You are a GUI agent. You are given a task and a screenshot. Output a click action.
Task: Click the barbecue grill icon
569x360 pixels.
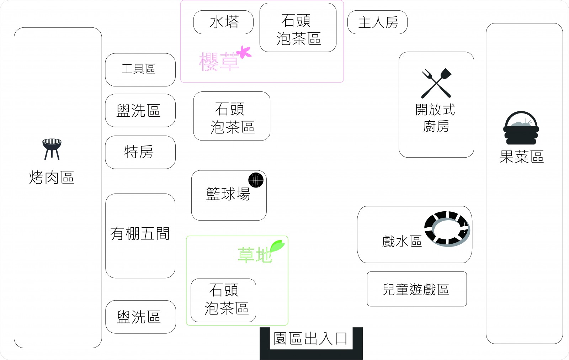pos(52,149)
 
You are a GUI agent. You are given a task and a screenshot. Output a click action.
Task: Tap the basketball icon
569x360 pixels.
pos(256,180)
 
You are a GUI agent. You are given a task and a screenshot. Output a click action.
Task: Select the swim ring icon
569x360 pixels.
pos(447,229)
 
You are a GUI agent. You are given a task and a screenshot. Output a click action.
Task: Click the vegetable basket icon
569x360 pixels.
pos(521,128)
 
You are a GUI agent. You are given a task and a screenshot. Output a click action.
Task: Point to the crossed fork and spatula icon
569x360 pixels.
pos(436,83)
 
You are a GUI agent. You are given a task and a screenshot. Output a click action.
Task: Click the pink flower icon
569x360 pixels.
pos(244,52)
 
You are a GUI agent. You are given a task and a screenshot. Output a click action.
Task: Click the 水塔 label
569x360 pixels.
pos(224,22)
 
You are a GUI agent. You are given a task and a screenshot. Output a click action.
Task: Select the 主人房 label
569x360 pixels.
pos(378,22)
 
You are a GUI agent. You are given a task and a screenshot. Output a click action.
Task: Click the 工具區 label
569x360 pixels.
pos(139,69)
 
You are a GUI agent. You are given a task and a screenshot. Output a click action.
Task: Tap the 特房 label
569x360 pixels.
pos(139,152)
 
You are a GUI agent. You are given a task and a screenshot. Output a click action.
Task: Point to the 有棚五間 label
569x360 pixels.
pos(140,234)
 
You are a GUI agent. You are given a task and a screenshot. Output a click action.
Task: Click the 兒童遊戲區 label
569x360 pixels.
pos(416,289)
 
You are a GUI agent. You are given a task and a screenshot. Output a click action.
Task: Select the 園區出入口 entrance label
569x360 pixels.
pos(310,338)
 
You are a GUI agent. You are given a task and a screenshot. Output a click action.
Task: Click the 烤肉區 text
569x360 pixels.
pos(52,177)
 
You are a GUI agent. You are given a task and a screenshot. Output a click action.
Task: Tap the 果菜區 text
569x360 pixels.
pos(522,157)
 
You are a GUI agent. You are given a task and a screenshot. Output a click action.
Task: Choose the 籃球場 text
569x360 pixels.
pos(228,194)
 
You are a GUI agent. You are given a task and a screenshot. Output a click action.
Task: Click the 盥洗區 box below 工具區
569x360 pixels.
pos(139,111)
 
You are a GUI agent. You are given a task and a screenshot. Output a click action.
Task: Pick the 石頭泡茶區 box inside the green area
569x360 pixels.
pos(224,300)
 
